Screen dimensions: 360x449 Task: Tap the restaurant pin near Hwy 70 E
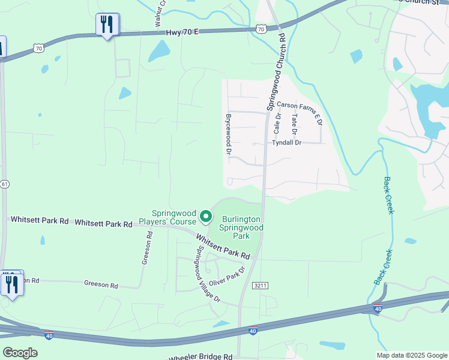[107, 25]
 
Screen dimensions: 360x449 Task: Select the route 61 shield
[4, 184]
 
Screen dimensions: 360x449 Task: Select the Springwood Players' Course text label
[174, 217]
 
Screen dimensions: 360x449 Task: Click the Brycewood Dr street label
[228, 134]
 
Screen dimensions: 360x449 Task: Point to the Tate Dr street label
[294, 125]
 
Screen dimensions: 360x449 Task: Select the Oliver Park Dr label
[227, 275]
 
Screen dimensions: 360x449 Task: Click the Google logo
[20, 353]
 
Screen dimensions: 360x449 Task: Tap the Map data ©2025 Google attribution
[412, 355]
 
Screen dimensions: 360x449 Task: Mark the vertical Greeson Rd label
[145, 249]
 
